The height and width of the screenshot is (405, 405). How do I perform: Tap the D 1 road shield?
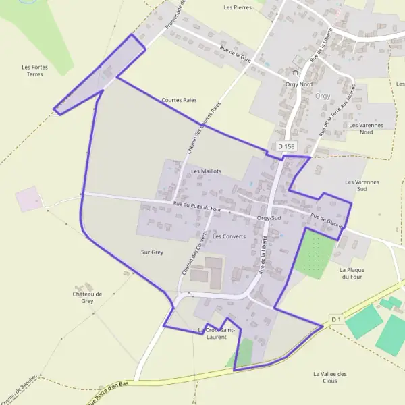click(337, 319)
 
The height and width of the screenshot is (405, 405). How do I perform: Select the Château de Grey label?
click(87, 298)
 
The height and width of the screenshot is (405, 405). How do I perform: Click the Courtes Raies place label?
click(179, 100)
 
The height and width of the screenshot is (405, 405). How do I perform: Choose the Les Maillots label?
click(207, 171)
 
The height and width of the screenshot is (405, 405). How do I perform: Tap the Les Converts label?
click(229, 236)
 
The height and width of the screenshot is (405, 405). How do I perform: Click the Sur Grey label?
click(153, 252)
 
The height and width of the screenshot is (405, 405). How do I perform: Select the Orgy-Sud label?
click(269, 218)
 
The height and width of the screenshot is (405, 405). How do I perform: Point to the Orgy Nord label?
click(299, 84)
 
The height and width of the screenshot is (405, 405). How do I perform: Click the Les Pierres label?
click(237, 7)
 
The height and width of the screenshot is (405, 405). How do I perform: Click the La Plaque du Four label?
click(352, 273)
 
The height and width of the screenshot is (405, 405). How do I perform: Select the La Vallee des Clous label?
click(330, 377)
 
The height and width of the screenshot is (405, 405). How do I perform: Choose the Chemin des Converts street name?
click(195, 250)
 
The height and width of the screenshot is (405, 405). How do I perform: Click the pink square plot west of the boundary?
click(29, 198)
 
